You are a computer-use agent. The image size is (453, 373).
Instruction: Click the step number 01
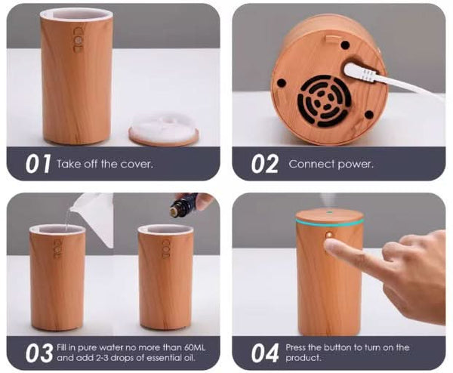click(37, 164)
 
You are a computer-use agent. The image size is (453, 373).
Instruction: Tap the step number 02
click(264, 164)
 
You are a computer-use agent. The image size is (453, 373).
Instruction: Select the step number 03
click(38, 352)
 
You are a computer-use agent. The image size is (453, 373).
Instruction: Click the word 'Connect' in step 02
click(310, 164)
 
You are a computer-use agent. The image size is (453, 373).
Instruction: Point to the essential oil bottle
click(183, 205)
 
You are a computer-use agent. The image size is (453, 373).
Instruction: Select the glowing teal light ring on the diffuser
click(329, 221)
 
